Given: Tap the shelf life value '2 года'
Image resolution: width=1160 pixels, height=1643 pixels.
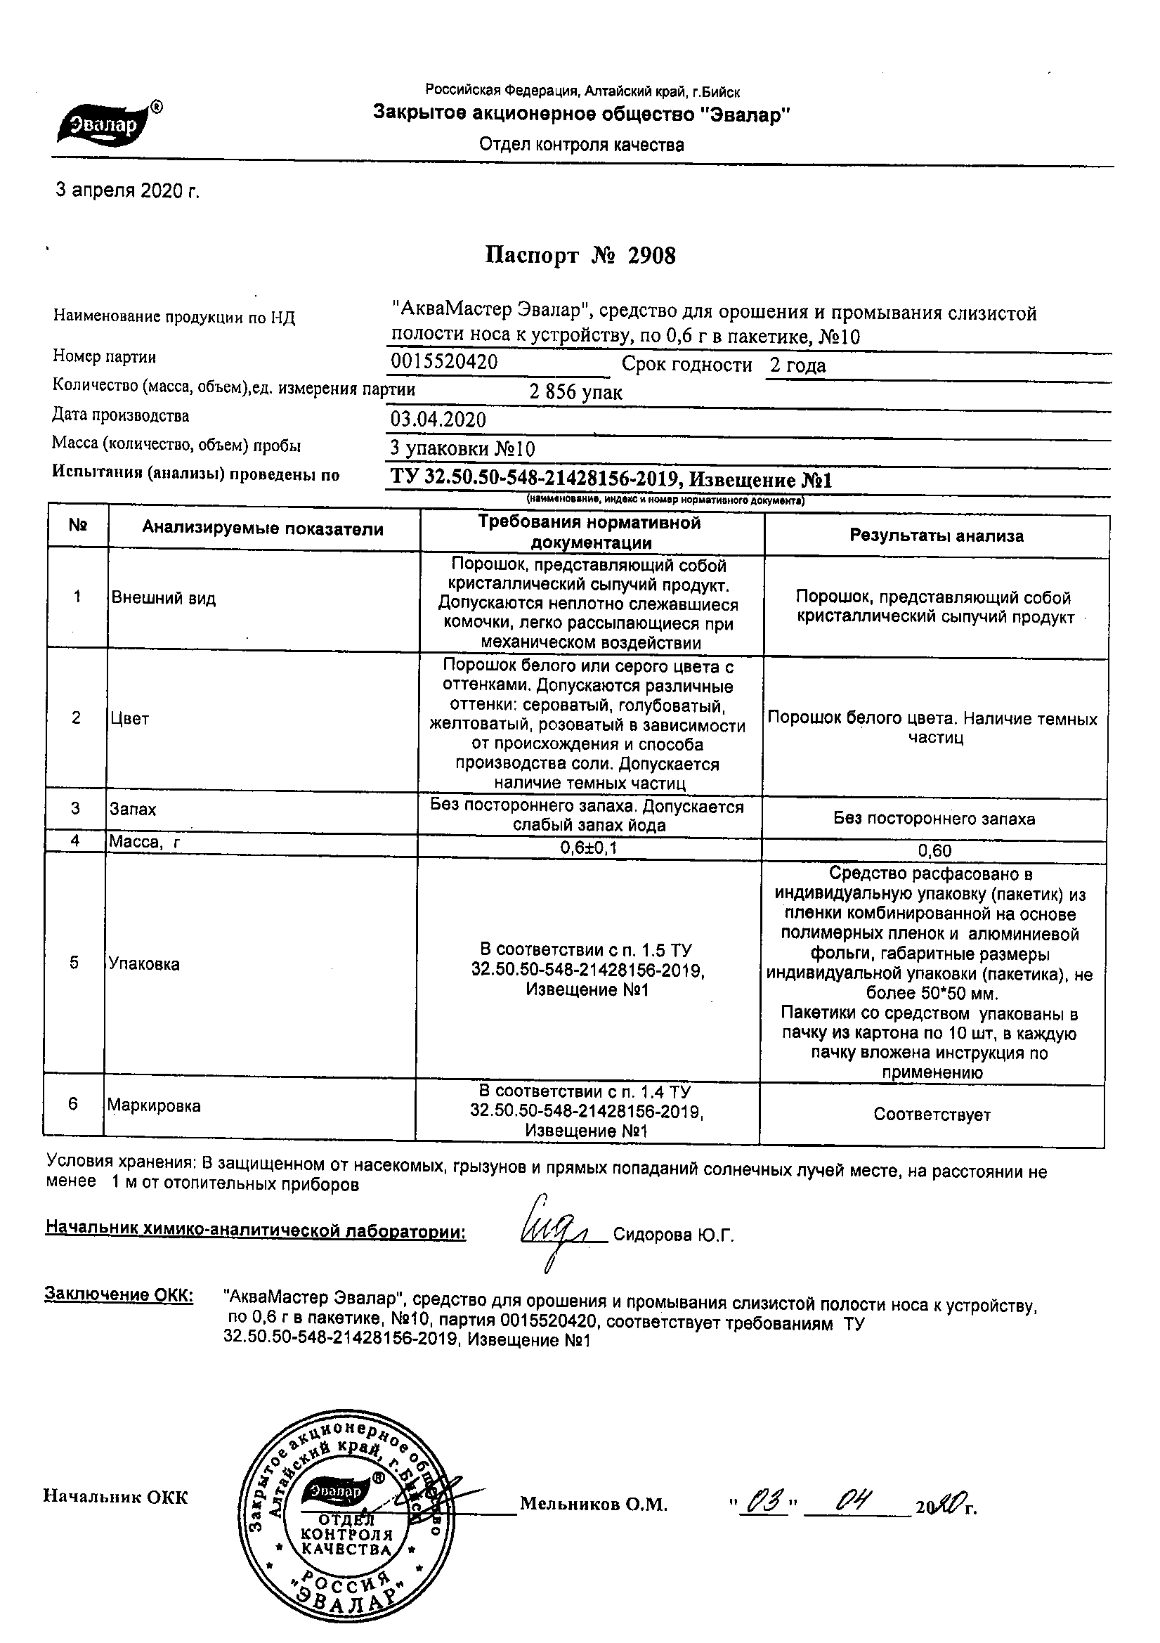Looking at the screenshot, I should tap(797, 365).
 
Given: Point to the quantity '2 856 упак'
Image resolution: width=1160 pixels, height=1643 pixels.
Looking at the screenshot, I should tap(575, 392).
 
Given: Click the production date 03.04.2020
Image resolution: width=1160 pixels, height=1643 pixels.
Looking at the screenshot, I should tap(438, 420).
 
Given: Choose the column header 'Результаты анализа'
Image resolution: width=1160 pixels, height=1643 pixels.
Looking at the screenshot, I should tap(936, 535).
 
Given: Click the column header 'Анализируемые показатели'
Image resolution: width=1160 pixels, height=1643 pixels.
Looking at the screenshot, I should tap(263, 529).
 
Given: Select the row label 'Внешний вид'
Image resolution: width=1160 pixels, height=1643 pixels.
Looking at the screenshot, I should tap(163, 598).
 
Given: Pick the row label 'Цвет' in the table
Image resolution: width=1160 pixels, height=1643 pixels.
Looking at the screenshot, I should tap(129, 718).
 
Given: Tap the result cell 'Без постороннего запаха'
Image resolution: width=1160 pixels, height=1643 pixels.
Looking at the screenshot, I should tap(934, 819).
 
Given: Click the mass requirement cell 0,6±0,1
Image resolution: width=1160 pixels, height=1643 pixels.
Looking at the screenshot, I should tap(589, 848).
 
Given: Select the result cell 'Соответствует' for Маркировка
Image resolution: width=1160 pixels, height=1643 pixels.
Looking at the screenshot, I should tap(932, 1114).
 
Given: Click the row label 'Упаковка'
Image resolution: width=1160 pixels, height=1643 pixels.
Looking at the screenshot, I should tap(144, 964).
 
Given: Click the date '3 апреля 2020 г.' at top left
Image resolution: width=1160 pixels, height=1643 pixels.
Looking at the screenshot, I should tap(127, 191).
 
